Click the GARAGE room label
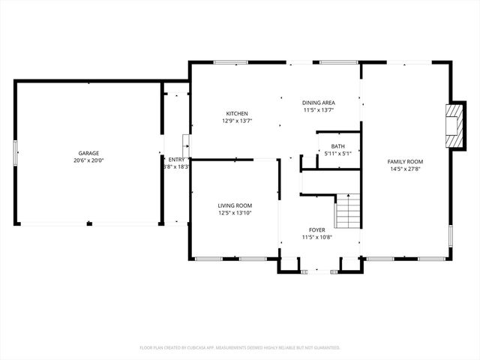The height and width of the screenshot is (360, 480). [88, 153]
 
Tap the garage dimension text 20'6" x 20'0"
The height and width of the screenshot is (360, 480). [88, 160]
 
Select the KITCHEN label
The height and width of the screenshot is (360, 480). [237, 113]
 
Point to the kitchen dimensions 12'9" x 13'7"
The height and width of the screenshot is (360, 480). [237, 121]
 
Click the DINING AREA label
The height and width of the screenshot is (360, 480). [318, 102]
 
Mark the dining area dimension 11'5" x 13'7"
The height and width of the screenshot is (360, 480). [318, 109]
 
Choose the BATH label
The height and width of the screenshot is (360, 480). [338, 146]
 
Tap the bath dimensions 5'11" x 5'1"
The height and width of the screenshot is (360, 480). [338, 154]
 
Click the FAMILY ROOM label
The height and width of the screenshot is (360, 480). [405, 161]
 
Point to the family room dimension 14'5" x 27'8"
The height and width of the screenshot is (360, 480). [405, 169]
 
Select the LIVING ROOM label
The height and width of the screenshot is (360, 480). [235, 205]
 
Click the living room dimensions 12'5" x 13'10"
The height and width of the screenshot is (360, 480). [235, 213]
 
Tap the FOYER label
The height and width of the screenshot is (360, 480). [317, 229]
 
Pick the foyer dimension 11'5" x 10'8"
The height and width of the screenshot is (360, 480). [317, 237]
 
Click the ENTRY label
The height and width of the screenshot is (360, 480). [176, 159]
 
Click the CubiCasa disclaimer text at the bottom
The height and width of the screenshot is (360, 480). [240, 347]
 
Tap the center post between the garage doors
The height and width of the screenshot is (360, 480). [88, 223]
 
